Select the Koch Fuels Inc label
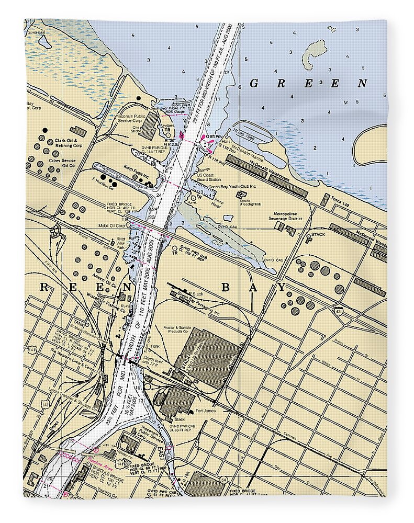(x=137, y=168)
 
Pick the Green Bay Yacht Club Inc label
(x=232, y=187)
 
